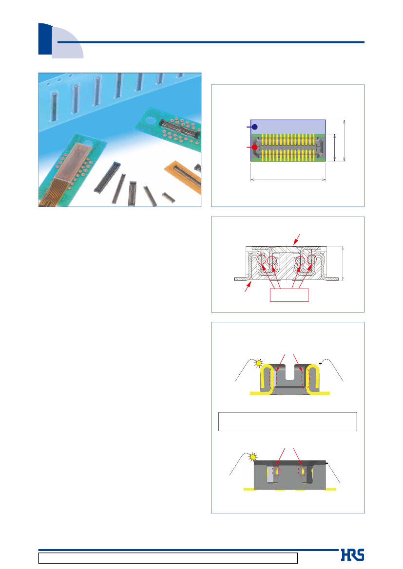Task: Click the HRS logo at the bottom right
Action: pyautogui.click(x=352, y=555)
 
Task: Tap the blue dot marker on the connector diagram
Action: pyautogui.click(x=255, y=127)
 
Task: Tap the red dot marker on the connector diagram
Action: pyautogui.click(x=255, y=147)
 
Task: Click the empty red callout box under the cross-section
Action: pyautogui.click(x=289, y=295)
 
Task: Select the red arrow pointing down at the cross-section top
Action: pyautogui.click(x=297, y=239)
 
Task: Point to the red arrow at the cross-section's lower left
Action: pyautogui.click(x=248, y=287)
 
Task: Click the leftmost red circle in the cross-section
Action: pyautogui.click(x=261, y=259)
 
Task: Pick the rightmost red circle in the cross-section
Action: pyautogui.click(x=312, y=259)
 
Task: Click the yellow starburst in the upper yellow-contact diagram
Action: pyautogui.click(x=258, y=363)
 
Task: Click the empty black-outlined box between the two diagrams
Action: pyautogui.click(x=288, y=422)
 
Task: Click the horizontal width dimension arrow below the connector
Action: pyautogui.click(x=288, y=179)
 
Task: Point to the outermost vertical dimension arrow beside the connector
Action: pyautogui.click(x=344, y=141)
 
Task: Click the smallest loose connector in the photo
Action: pyautogui.click(x=168, y=198)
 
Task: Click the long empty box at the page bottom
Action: pyautogui.click(x=168, y=558)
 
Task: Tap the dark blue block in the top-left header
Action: pyautogui.click(x=45, y=39)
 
